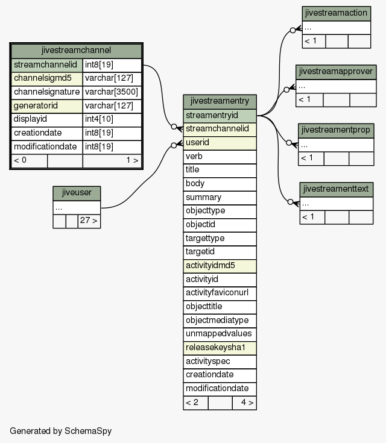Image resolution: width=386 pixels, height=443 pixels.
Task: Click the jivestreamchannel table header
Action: tap(76, 51)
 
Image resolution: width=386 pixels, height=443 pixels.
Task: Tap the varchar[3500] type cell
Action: tap(112, 92)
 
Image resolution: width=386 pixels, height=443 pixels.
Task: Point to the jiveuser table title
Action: tap(77, 193)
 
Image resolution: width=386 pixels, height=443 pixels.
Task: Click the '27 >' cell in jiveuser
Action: tap(89, 221)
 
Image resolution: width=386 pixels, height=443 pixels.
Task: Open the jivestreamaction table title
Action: tap(336, 13)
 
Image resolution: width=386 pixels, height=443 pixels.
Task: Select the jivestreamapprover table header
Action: tap(336, 72)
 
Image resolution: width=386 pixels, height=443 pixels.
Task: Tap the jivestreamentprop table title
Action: tap(336, 131)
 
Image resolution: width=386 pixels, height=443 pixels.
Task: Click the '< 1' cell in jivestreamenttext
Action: tap(312, 218)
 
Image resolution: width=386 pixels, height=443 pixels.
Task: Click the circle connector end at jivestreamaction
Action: tap(293, 30)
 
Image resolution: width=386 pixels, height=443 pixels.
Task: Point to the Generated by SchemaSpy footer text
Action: tap(60, 431)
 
